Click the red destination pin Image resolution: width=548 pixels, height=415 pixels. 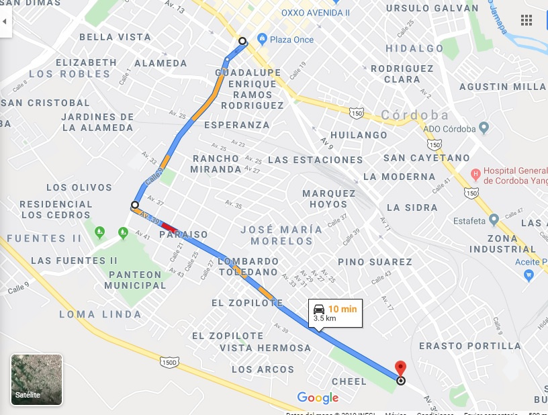(401, 369)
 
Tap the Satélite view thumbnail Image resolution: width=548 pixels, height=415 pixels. (37, 380)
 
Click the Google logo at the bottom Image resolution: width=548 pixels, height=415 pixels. (318, 398)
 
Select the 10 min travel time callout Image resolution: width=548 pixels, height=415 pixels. (335, 313)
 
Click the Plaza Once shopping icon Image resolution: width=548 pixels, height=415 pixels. (262, 40)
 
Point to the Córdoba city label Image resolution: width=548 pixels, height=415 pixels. (415, 115)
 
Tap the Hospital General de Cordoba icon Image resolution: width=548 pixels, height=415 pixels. (476, 175)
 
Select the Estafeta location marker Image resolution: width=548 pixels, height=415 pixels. (494, 219)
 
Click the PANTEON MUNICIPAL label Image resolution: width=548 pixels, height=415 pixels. (135, 279)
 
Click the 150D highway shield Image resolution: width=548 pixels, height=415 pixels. (169, 363)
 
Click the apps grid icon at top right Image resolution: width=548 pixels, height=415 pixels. (526, 20)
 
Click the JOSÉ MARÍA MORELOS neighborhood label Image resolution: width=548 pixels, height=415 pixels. (281, 235)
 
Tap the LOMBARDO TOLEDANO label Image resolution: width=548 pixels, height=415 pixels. (248, 267)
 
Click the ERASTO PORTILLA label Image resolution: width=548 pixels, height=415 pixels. (469, 346)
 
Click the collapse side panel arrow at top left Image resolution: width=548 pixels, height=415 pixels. (5, 21)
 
